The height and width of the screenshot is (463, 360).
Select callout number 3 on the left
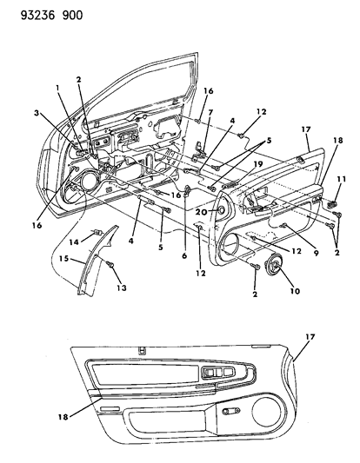click(38, 112)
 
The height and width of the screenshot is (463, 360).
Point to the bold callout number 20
click(201, 211)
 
